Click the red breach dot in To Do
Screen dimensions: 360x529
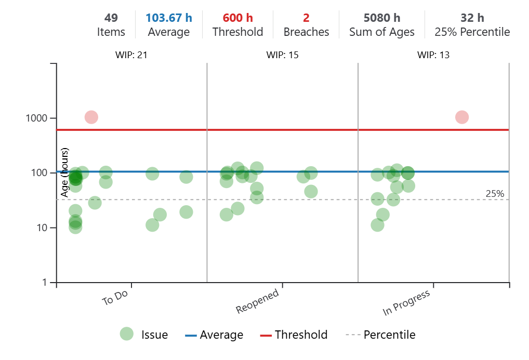click(91, 117)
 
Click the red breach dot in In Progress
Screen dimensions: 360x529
click(461, 117)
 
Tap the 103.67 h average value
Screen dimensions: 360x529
click(168, 18)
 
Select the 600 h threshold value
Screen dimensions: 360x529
click(237, 18)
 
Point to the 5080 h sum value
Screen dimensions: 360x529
click(381, 18)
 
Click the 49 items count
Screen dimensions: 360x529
click(111, 18)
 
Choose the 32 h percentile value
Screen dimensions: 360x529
click(472, 18)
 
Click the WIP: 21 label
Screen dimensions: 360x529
click(131, 55)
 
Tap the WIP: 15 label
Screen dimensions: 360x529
click(282, 55)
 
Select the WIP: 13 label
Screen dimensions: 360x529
click(433, 55)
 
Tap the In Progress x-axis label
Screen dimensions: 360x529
click(406, 303)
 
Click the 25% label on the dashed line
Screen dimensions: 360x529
click(495, 194)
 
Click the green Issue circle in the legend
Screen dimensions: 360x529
click(126, 334)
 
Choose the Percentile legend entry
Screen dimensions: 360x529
click(389, 335)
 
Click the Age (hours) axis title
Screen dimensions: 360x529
click(65, 172)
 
